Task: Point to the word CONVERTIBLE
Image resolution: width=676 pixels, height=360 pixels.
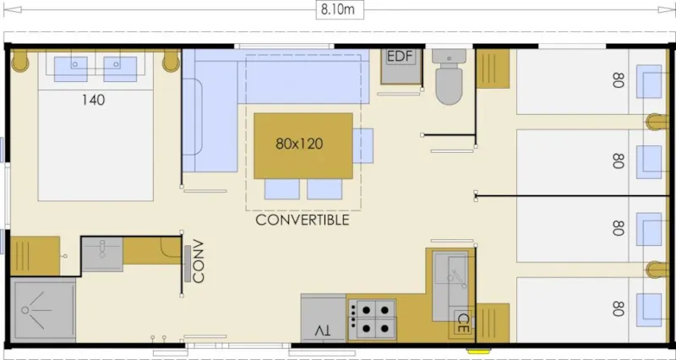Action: [x=302, y=221]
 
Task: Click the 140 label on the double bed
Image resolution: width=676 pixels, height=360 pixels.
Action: [x=94, y=100]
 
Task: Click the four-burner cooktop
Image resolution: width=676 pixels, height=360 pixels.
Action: [x=372, y=318]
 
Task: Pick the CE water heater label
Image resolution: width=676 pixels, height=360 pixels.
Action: [x=462, y=321]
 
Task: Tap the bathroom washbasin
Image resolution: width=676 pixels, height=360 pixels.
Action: [x=101, y=254]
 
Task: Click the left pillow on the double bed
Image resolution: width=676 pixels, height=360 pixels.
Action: [x=71, y=68]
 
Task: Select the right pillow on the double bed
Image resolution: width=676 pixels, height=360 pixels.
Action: [x=120, y=68]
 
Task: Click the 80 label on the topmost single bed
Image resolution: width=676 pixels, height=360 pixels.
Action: [x=619, y=80]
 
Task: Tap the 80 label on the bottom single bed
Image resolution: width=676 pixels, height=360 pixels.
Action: [x=619, y=308]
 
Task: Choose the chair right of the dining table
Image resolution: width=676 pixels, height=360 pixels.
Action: [x=363, y=145]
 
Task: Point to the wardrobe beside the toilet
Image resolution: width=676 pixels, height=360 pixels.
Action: [x=493, y=68]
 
